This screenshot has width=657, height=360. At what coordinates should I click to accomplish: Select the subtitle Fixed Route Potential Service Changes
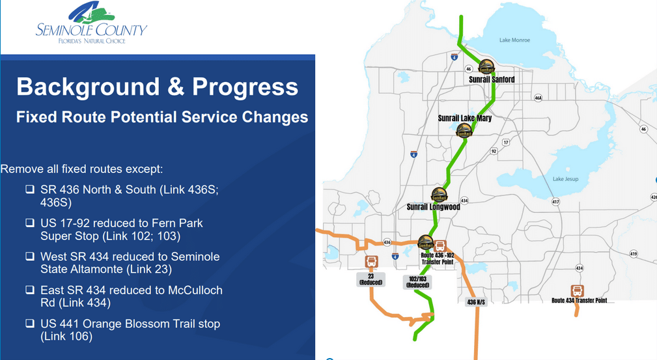pos(161,117)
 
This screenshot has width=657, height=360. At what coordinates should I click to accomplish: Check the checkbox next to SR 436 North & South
pos(30,190)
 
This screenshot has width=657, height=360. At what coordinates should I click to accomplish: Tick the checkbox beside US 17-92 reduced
pos(30,223)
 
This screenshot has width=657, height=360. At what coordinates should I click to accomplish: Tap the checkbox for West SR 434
pos(30,256)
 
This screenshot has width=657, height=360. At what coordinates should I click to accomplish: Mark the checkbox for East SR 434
pos(30,290)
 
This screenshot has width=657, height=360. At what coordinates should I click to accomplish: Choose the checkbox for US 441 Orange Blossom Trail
pos(30,324)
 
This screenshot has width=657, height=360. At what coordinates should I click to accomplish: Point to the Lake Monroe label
pos(514,40)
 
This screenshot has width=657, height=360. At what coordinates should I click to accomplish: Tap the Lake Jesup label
pos(566,179)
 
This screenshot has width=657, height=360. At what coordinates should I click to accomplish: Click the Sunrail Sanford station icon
pos(486,67)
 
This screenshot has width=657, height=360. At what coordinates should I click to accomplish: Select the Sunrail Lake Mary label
pos(464,118)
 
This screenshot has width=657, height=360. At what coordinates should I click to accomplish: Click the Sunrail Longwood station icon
pos(439,195)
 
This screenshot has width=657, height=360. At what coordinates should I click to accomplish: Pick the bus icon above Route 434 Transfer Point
pos(577,290)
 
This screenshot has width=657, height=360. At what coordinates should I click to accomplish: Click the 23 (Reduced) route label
pos(371,279)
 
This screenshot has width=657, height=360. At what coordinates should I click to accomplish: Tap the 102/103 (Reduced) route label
pos(417,281)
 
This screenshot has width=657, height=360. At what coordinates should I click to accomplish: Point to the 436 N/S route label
pos(477,302)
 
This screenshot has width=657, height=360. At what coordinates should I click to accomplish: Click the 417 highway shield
pos(555,202)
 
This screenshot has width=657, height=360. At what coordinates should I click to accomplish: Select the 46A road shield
pos(538,98)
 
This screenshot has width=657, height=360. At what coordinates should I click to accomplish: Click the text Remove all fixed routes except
pos(81,169)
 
